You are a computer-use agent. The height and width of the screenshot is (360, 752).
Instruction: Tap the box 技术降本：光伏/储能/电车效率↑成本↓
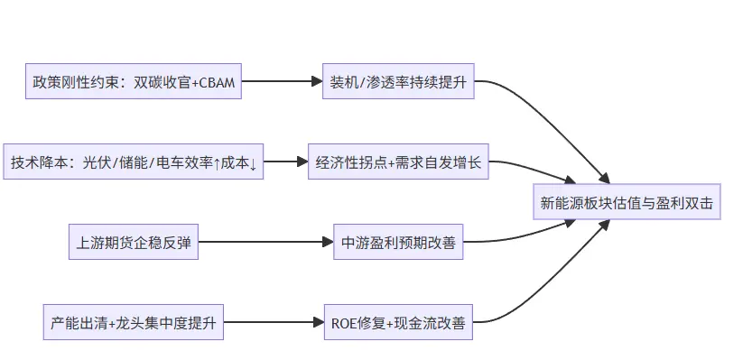[x=134, y=162]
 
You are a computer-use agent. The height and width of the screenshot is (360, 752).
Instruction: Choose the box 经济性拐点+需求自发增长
[x=398, y=162]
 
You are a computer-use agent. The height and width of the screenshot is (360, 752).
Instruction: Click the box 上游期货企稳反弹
[x=134, y=242]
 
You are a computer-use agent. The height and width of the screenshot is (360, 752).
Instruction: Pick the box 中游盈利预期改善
[x=398, y=242]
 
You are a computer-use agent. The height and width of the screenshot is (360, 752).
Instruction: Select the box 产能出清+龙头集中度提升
[x=134, y=322]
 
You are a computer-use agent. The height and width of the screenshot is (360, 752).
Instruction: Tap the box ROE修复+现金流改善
[x=398, y=322]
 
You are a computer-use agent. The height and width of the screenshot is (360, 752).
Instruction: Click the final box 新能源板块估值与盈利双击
[x=626, y=203]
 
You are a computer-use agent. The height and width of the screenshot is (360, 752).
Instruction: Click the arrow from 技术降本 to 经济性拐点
[x=286, y=162]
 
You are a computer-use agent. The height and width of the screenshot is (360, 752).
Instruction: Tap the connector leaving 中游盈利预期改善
[x=542, y=233]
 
